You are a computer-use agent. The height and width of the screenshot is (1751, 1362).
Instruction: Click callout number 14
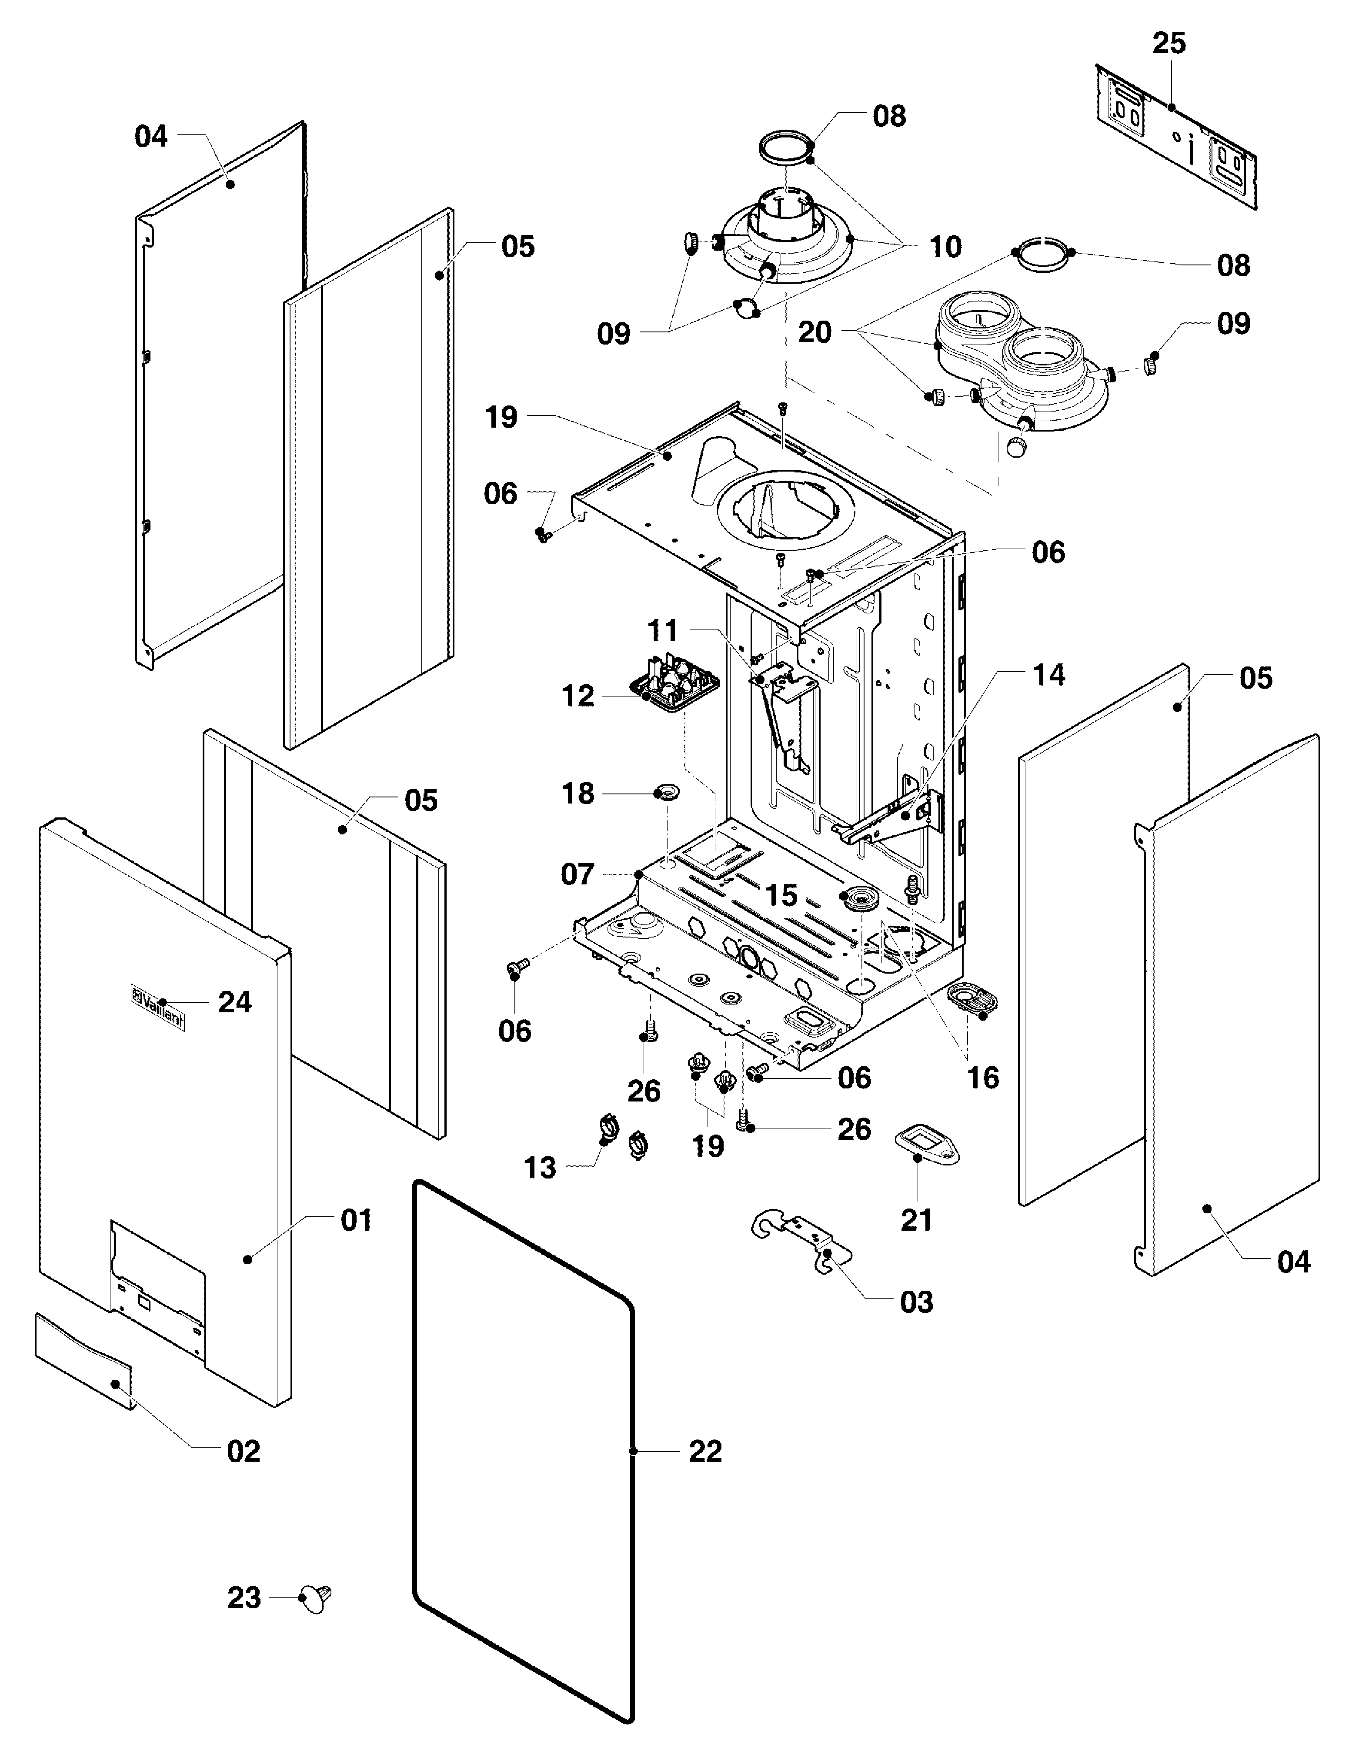pos(1048,675)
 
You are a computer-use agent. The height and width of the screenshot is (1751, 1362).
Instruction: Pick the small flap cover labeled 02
pos(84,1360)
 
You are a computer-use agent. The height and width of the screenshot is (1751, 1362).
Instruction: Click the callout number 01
pos(356,1221)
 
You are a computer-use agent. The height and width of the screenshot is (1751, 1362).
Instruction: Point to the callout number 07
pos(577,874)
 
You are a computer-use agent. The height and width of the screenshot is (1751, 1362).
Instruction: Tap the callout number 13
pos(540,1168)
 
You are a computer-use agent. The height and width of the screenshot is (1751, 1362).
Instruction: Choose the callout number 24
pos(235,1002)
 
